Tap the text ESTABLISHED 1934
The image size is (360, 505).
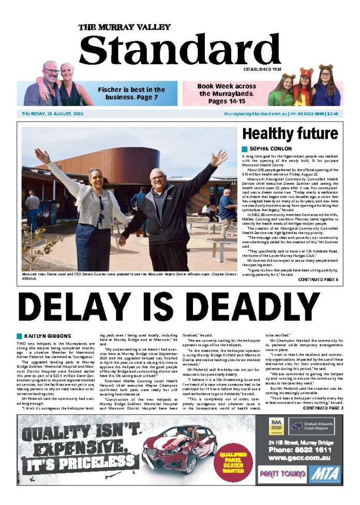coord(262,69)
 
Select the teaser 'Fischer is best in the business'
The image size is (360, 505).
coord(131,93)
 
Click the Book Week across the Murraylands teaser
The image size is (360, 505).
coord(227,93)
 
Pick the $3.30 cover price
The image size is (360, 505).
coord(333,114)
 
